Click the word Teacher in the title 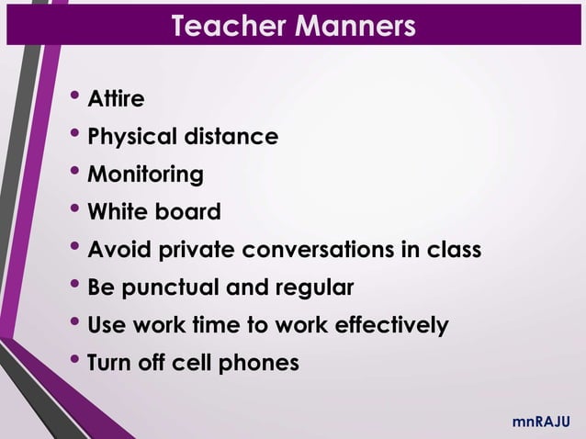229,26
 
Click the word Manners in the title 355,26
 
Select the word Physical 133,138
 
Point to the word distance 232,138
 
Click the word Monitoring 145,175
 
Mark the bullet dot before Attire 74,94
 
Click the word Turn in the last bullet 107,363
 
